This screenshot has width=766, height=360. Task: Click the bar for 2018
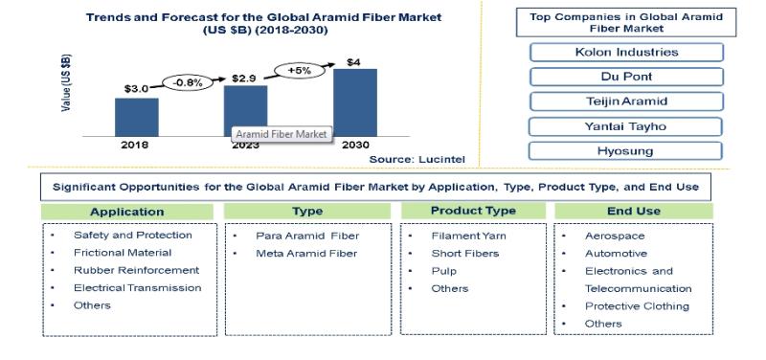point(136,117)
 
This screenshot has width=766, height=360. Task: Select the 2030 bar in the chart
point(355,102)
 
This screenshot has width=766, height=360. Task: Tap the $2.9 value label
point(244,79)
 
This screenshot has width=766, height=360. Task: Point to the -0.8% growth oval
point(188,83)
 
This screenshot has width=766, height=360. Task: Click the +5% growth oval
point(300,70)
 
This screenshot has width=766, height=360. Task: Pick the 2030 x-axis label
point(355,146)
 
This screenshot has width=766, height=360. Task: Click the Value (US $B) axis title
point(66,82)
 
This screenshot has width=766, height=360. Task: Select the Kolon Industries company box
point(626,53)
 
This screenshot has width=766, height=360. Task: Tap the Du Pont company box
point(626,77)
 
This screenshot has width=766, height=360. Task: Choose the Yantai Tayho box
point(625,126)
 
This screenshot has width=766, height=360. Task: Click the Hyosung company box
point(625,151)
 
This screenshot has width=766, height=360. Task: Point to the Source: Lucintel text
point(417,159)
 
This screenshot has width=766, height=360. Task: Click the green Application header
point(127,212)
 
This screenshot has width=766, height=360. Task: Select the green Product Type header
point(473,211)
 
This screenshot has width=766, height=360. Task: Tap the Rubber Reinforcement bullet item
point(136,270)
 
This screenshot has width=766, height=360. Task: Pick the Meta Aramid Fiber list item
point(306,254)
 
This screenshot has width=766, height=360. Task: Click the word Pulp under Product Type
point(443,271)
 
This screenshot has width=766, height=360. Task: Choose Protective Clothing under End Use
point(637,306)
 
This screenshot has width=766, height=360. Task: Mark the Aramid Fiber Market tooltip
point(282,134)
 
